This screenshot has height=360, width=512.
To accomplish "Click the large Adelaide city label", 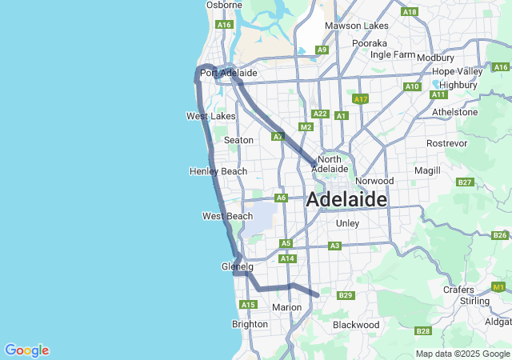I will [346, 200].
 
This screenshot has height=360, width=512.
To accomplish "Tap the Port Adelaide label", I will [228, 73].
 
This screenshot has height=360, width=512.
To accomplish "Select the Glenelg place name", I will [237, 266].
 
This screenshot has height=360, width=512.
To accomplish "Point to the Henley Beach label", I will [218, 171].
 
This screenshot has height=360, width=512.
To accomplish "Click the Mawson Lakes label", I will [356, 26].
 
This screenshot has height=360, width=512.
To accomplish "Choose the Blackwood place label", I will [356, 325].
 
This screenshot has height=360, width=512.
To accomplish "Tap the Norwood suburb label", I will [375, 181].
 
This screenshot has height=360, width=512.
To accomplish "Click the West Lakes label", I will [211, 116].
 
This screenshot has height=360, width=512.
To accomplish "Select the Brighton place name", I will [250, 324].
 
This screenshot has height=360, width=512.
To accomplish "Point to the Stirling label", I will [474, 301].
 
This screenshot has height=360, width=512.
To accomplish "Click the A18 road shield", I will [410, 12].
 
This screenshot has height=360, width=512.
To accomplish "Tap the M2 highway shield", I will [306, 126].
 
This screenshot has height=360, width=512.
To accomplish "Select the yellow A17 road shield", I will [360, 99].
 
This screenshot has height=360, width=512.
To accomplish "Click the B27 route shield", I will [465, 182].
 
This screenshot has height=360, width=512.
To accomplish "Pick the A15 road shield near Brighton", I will [247, 305].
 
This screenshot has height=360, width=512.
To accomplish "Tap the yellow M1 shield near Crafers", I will [499, 286].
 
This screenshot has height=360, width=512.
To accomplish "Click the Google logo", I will [26, 350].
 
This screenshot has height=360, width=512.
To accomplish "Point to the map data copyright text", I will [462, 354].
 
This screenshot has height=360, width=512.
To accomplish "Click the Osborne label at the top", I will [224, 5].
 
